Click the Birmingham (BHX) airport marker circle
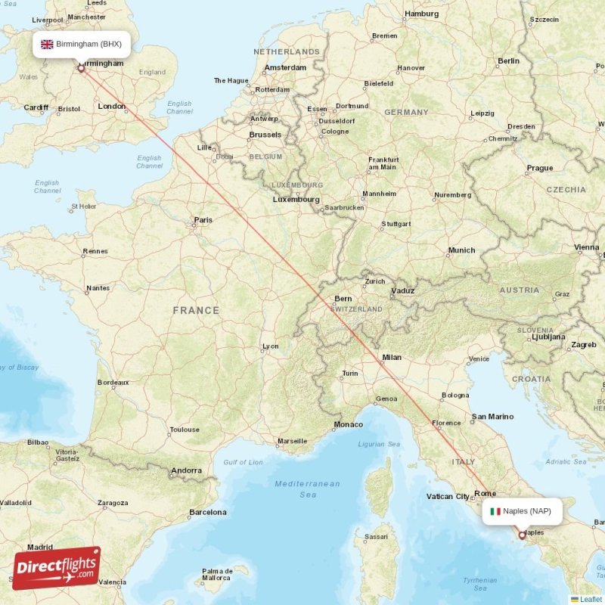click(81, 68)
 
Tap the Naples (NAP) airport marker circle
click(521, 535)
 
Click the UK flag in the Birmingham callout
click(47, 44)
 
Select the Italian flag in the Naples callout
click(495, 511)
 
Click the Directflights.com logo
click(56, 568)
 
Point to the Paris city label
click(203, 220)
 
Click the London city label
click(112, 107)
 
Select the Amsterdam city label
click(285, 68)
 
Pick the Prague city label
click(540, 168)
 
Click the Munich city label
click(461, 250)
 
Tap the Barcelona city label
click(208, 512)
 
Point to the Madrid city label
click(40, 547)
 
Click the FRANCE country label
click(196, 310)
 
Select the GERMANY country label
click(406, 112)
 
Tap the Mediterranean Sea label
click(307, 489)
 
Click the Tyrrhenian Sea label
click(480, 584)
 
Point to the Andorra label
click(186, 470)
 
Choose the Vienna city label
click(586, 247)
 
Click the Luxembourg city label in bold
click(296, 200)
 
